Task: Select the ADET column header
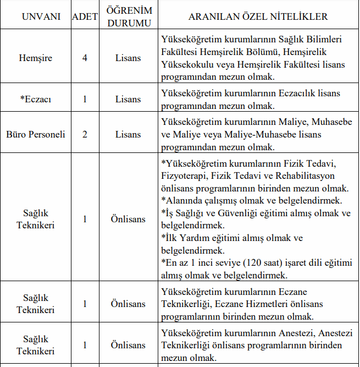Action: pyautogui.click(x=85, y=17)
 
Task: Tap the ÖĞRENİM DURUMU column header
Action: pyautogui.click(x=128, y=17)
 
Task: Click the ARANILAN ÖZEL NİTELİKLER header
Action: pyautogui.click(x=258, y=17)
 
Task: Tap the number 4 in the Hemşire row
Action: pyautogui.click(x=85, y=58)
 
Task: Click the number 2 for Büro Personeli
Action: pyautogui.click(x=85, y=134)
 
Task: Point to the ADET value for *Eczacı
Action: pyautogui.click(x=85, y=99)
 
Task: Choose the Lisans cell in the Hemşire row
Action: pyautogui.click(x=128, y=58)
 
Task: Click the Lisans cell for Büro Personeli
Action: pyautogui.click(x=128, y=134)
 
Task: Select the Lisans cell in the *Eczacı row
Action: pyautogui.click(x=128, y=99)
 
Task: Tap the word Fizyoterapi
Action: pyautogui.click(x=186, y=176)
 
